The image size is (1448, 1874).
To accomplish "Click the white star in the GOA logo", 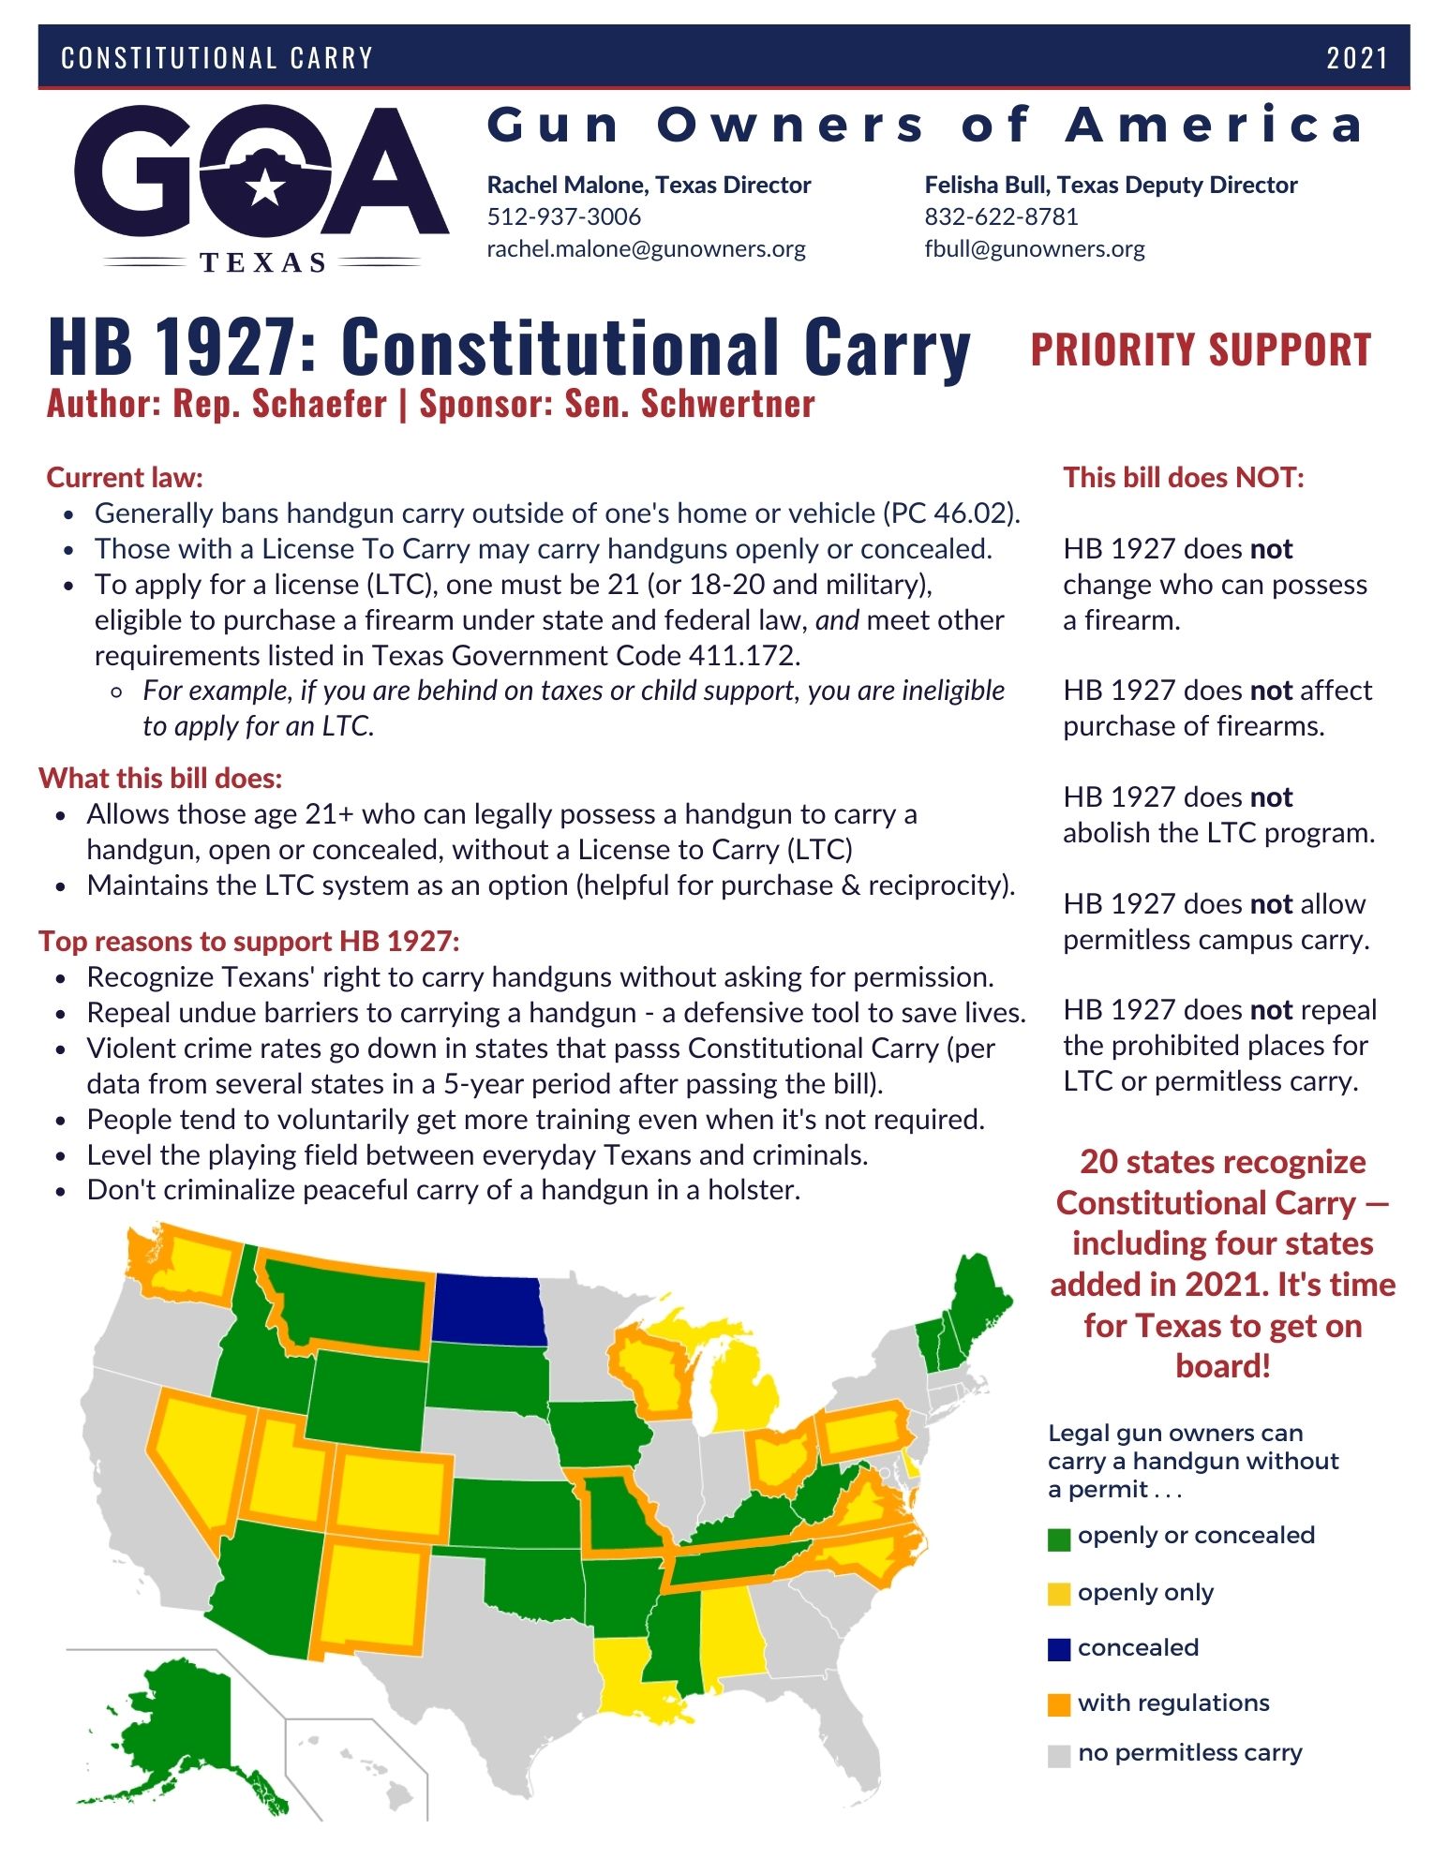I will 265,187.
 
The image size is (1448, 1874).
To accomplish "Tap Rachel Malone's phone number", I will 563,216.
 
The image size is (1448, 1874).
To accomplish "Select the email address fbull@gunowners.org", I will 1034,249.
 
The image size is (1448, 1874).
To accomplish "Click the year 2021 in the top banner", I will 1356,58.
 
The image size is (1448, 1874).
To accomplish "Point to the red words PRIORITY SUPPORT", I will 1201,350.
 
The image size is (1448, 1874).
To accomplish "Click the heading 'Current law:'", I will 125,478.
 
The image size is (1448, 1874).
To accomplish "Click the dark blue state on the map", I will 490,1309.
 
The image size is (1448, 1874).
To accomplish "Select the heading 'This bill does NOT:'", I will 1183,478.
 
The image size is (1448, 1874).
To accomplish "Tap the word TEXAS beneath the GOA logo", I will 263,262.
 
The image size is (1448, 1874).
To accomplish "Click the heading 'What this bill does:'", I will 160,779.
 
